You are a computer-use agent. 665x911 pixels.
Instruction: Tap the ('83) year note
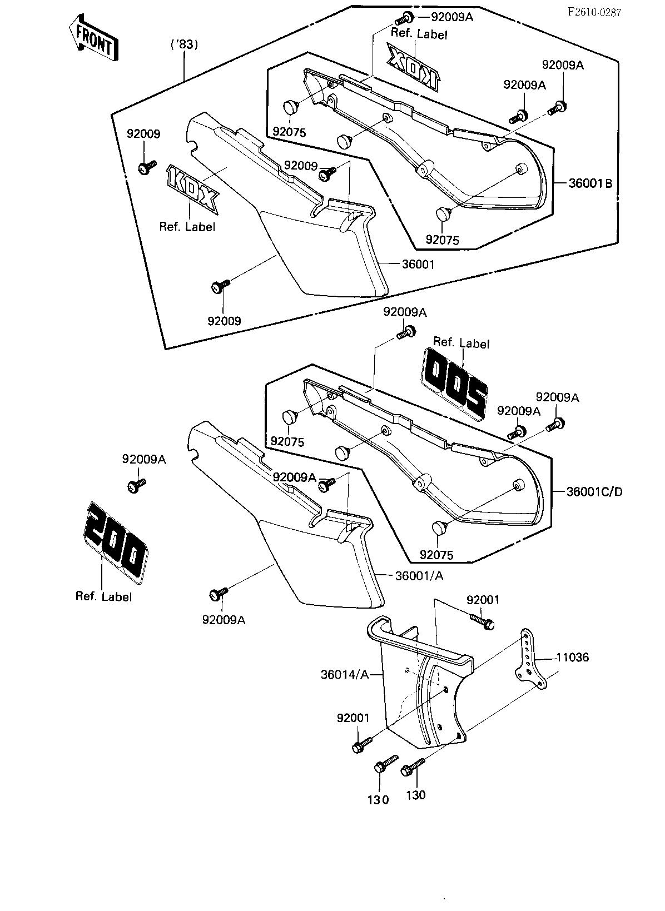pos(183,44)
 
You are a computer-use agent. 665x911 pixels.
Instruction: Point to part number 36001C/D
pos(594,491)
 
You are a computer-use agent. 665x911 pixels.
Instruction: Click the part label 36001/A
pos(419,576)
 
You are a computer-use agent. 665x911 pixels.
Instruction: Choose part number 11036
pos(572,658)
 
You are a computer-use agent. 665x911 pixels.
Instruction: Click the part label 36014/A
pos(345,675)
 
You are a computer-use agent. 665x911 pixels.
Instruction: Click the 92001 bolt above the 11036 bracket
pos(482,621)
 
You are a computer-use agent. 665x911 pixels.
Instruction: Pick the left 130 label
pos(378,799)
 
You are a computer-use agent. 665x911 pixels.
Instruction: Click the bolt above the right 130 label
pos(413,768)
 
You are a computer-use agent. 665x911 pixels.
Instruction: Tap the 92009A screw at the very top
pos(406,17)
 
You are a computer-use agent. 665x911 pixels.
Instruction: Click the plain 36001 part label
pos(418,265)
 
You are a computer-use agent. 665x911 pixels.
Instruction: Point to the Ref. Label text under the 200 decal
pos(104,597)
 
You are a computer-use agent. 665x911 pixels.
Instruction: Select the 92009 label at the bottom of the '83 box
pos(224,321)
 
